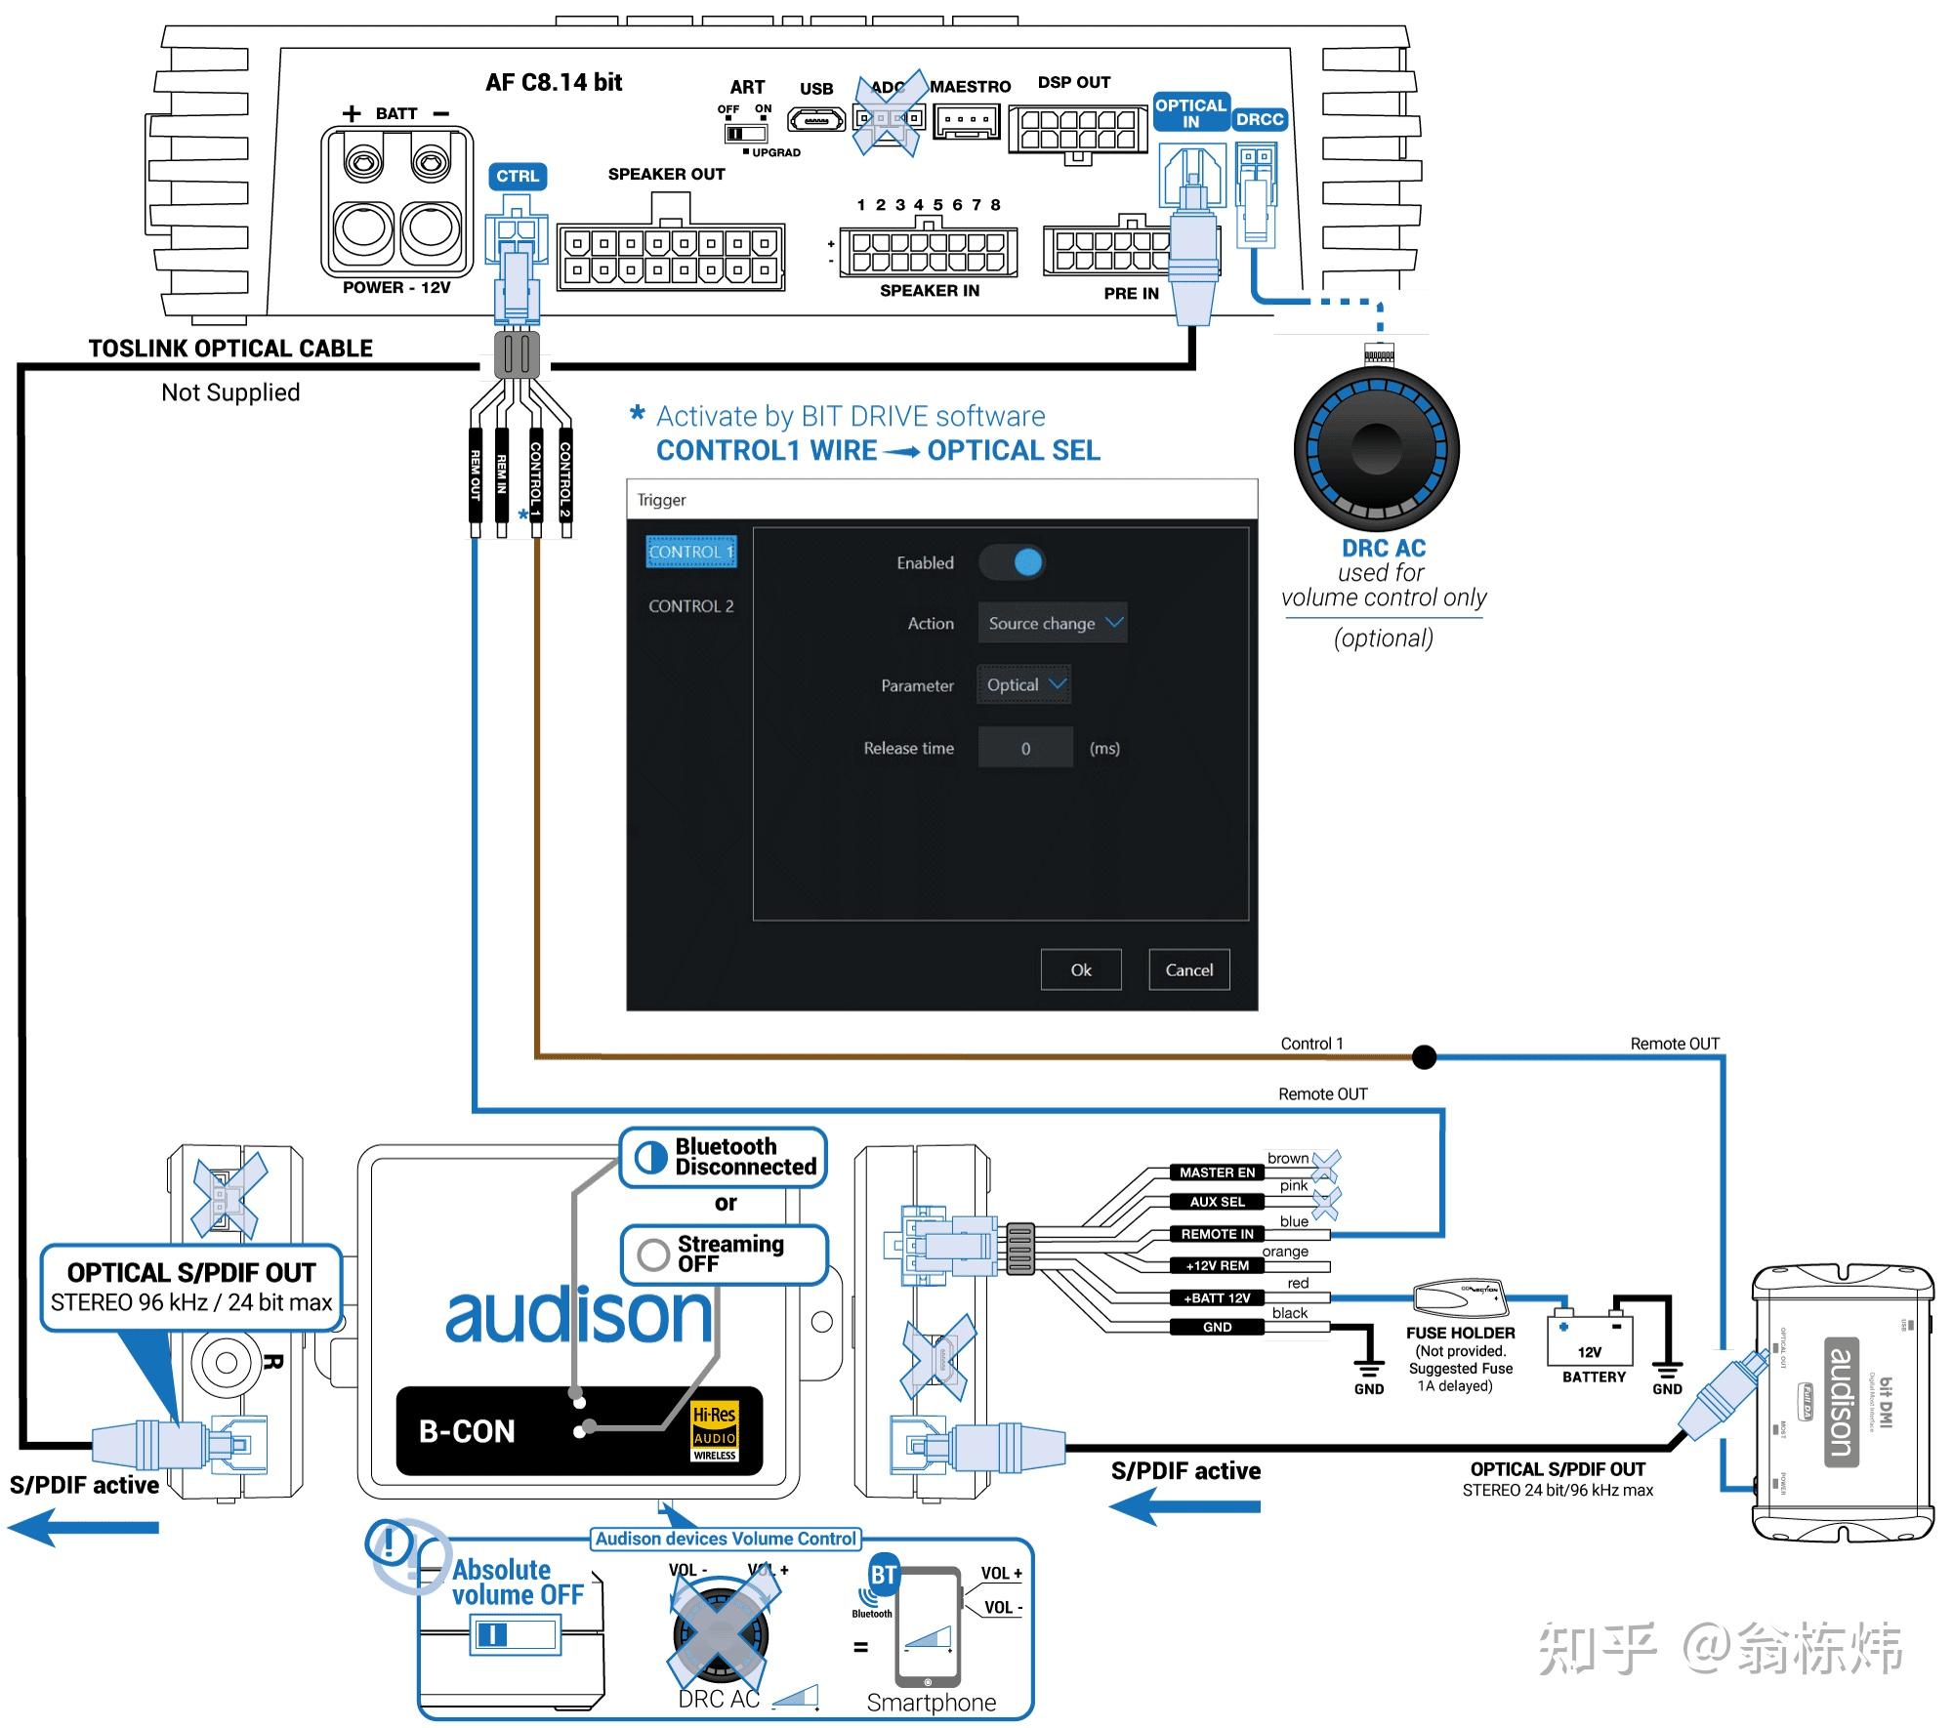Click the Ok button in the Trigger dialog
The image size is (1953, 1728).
click(x=1080, y=969)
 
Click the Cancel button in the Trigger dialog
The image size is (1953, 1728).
click(x=1188, y=969)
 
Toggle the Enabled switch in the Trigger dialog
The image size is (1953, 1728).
click(x=1013, y=562)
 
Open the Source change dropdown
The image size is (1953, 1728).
click(x=1053, y=623)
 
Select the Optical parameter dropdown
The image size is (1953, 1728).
click(x=1023, y=684)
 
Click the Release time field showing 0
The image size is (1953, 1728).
click(x=1025, y=748)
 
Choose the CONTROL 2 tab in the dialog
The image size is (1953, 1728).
click(x=690, y=606)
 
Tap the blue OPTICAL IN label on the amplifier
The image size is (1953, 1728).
click(x=1190, y=113)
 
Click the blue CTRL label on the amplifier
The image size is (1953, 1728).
click(x=517, y=177)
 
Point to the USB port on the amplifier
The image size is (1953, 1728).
click(x=816, y=120)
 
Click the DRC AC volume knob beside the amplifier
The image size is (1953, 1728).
click(x=1376, y=449)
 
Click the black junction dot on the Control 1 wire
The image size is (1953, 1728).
click(x=1424, y=1056)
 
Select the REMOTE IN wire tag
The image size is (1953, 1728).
click(x=1217, y=1234)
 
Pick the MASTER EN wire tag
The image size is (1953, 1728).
click(x=1217, y=1173)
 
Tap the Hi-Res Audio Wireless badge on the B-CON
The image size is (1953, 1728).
click(x=715, y=1432)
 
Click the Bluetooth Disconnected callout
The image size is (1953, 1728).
click(x=724, y=1157)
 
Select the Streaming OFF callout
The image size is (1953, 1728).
click(x=724, y=1254)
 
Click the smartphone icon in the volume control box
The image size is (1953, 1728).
click(x=927, y=1626)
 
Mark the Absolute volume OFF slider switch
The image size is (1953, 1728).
click(x=515, y=1634)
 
